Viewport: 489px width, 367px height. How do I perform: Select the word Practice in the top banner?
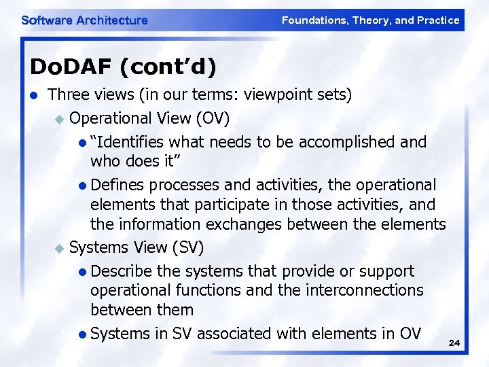tap(439, 20)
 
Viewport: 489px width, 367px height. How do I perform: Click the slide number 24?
tap(454, 344)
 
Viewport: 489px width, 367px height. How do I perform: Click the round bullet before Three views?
tap(35, 95)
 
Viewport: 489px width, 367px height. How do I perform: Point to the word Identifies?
tap(130, 142)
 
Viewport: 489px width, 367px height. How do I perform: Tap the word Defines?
tap(117, 185)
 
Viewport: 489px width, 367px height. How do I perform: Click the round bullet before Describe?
tap(82, 272)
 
